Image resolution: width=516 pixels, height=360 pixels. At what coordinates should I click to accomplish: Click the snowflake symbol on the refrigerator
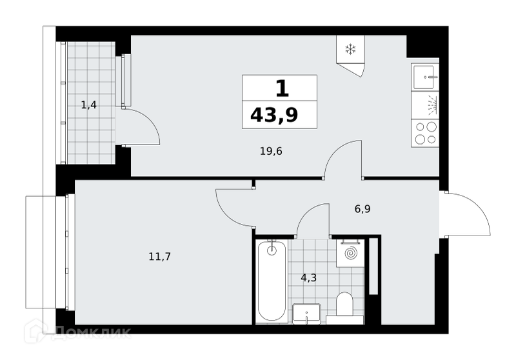[350, 50]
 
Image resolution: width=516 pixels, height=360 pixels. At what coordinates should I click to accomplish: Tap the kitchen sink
[425, 77]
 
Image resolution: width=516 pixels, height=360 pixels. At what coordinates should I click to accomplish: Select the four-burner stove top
[425, 133]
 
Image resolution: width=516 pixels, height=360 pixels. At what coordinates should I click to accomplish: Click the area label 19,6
[271, 152]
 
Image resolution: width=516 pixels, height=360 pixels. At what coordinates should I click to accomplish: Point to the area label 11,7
[159, 256]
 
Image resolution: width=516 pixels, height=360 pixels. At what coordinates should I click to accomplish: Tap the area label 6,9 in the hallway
[362, 209]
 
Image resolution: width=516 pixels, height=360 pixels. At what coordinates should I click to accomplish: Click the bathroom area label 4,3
[309, 278]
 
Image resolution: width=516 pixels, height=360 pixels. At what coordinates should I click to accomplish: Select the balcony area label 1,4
[89, 105]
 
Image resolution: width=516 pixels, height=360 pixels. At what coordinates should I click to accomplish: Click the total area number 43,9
[274, 115]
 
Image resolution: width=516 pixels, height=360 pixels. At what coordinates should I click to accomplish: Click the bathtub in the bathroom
[272, 281]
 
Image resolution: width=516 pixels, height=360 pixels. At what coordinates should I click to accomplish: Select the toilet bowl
[344, 303]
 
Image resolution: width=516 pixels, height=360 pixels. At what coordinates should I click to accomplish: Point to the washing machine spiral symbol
[350, 254]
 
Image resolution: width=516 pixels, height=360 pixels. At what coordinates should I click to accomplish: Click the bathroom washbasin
[306, 314]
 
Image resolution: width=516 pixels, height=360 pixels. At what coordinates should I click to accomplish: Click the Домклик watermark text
[92, 332]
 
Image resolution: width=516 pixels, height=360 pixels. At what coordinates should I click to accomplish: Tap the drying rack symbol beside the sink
[432, 105]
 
